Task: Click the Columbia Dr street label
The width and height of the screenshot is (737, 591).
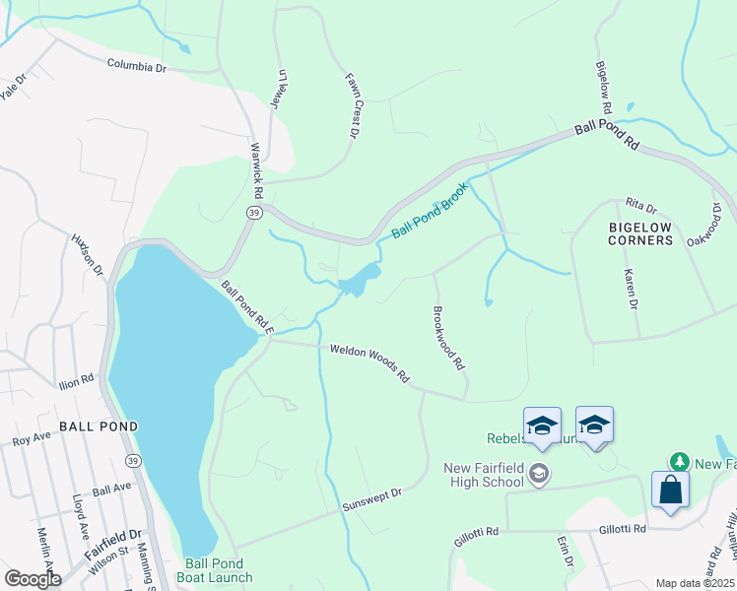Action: pos(137,67)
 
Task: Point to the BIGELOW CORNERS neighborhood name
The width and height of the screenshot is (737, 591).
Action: pos(639,233)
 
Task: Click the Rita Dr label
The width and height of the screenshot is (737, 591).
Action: pos(640,206)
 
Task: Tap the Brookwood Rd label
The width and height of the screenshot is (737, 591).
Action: pos(448,337)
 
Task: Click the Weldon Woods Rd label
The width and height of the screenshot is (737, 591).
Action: pos(369,361)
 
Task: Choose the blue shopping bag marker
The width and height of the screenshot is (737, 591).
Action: pos(670,490)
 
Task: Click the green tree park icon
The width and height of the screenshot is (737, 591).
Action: pos(678,462)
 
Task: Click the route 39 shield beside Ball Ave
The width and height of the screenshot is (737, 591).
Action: pos(133,460)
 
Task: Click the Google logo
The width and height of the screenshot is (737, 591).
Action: pos(33,578)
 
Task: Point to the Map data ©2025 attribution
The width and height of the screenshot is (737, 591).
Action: pos(695,584)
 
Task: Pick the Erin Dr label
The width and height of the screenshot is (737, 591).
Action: pos(566,552)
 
